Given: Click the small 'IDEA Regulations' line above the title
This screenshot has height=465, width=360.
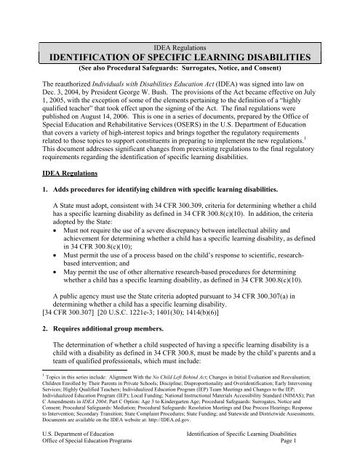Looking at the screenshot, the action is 180,46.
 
